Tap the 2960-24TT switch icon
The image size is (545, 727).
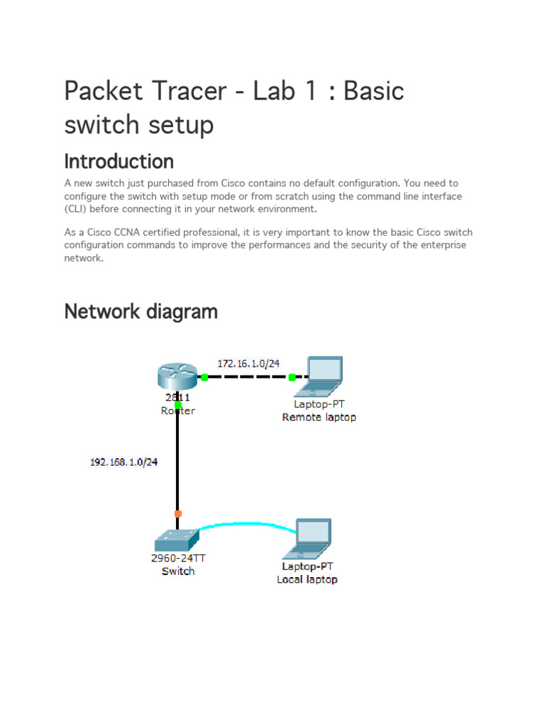(x=177, y=540)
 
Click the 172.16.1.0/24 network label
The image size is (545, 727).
(x=248, y=363)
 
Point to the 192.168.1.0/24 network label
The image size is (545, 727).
(x=123, y=462)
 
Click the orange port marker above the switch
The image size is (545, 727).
(x=177, y=513)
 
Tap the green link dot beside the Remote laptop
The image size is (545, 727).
(x=292, y=378)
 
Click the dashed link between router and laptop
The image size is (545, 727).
(x=248, y=378)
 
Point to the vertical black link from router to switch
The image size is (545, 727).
(x=177, y=461)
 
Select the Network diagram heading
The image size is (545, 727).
(x=141, y=311)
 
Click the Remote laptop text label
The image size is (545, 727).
(x=319, y=417)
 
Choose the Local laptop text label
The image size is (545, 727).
(x=307, y=579)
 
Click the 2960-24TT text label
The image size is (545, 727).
(x=178, y=558)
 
